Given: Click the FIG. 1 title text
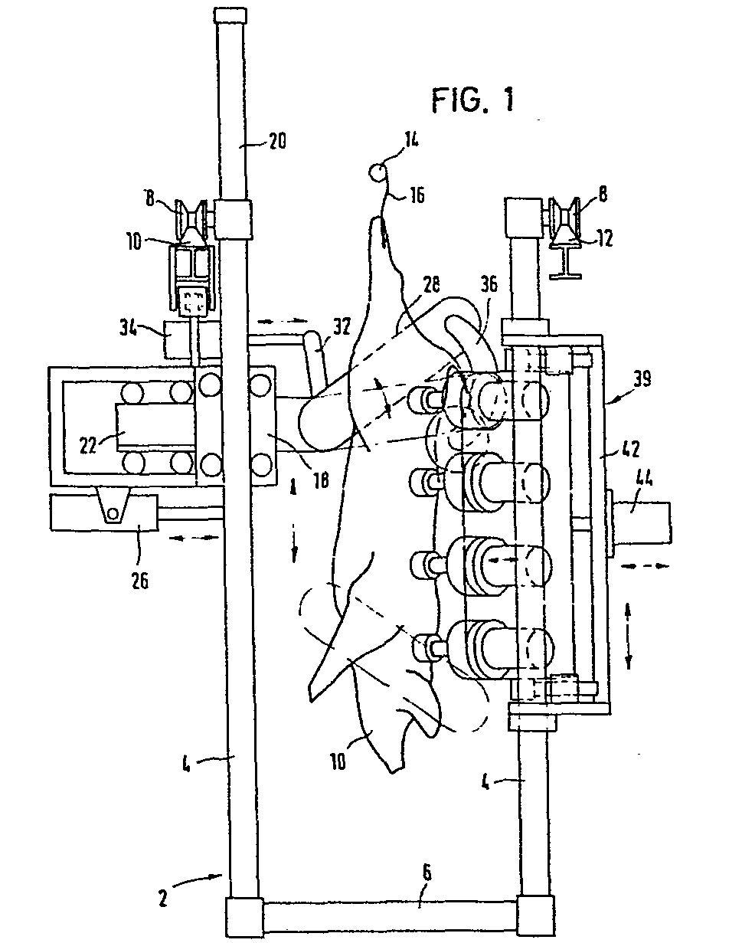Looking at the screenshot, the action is click(472, 100).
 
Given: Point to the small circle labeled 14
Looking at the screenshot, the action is click(376, 172).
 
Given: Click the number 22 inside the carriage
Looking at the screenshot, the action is click(90, 445).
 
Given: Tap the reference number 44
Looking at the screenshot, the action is click(642, 481).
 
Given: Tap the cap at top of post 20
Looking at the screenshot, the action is click(230, 15).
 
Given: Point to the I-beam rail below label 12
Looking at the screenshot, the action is click(566, 261).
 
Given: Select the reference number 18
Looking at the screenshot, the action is click(320, 481).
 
